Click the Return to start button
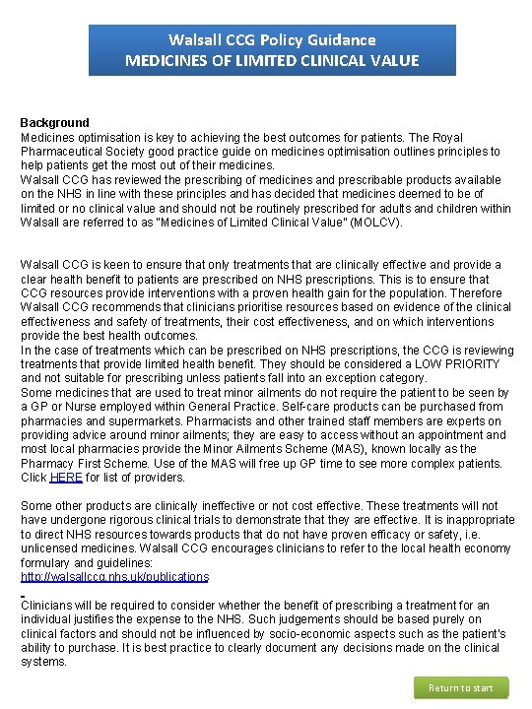click(x=460, y=687)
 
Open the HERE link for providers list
click(x=66, y=478)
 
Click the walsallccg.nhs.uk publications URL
click(x=114, y=576)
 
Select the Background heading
click(x=55, y=123)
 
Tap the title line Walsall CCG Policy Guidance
click(x=272, y=40)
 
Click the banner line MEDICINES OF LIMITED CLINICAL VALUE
click(x=272, y=61)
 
